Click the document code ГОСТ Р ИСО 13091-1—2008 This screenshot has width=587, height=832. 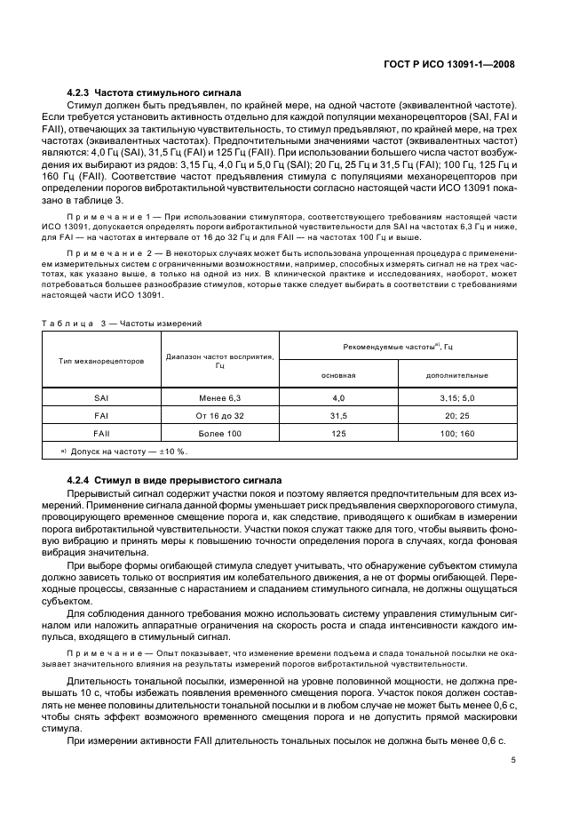pos(454,64)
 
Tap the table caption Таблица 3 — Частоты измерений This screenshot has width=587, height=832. pos(120,323)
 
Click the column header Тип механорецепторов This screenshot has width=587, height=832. pos(101,362)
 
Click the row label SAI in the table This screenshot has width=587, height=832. pos(101,399)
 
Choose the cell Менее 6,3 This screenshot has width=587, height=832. pos(219,399)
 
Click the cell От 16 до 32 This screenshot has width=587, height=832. pos(219,415)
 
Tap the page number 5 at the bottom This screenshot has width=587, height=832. pos(513,760)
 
